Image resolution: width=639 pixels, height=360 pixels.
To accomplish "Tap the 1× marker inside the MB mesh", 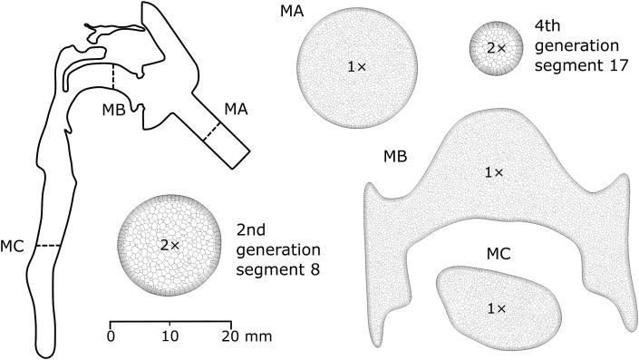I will click(x=495, y=170).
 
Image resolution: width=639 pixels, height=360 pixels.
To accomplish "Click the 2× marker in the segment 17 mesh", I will click(x=496, y=46).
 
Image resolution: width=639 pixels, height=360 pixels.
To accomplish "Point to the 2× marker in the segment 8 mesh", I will click(x=169, y=244).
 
